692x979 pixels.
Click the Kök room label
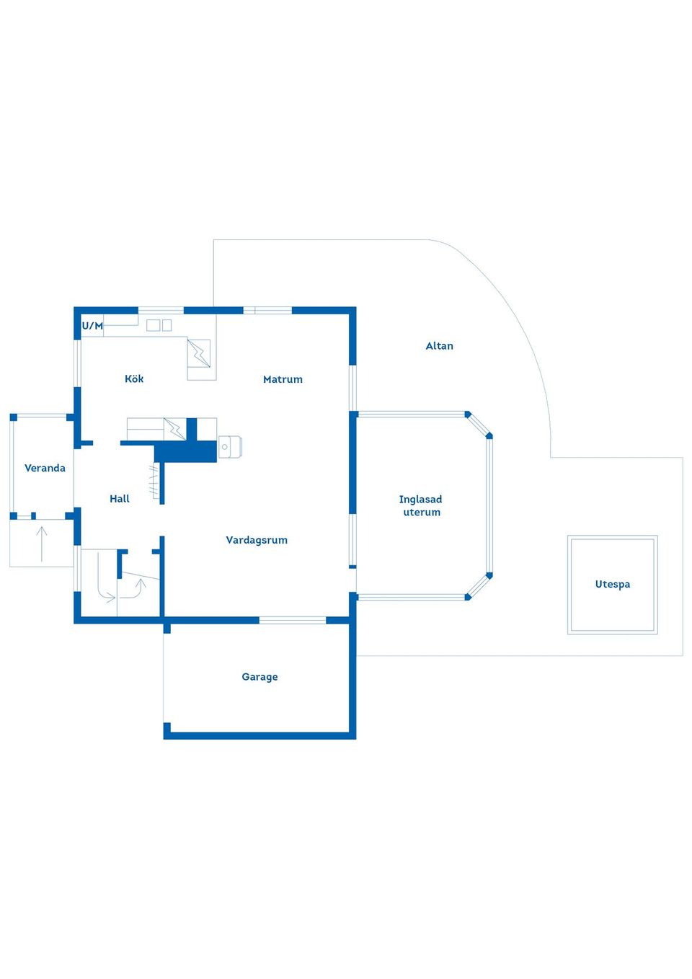click(134, 378)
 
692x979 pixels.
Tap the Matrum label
click(283, 379)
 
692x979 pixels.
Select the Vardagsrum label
click(257, 540)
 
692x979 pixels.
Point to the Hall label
click(120, 498)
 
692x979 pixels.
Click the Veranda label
click(45, 468)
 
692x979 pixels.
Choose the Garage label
click(260, 676)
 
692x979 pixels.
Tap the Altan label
click(440, 346)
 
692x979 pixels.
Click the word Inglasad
click(421, 499)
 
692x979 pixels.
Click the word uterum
click(422, 512)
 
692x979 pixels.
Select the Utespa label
click(613, 585)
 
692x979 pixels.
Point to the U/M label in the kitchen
click(92, 326)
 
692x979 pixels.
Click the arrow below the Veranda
click(42, 544)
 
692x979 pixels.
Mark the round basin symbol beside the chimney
click(225, 447)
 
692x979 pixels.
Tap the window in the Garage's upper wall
click(293, 620)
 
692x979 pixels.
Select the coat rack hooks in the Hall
click(154, 482)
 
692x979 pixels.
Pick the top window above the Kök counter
click(161, 310)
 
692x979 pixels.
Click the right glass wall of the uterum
click(489, 505)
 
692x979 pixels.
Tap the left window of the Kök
click(77, 363)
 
